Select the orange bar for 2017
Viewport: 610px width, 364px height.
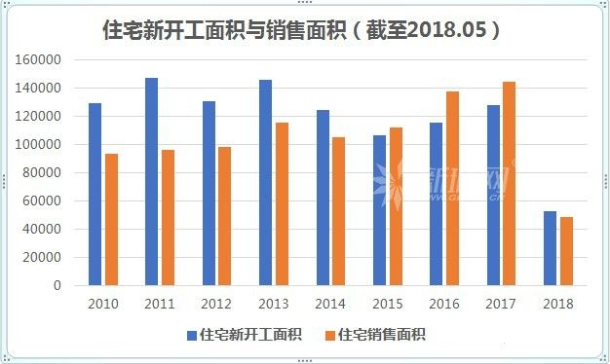pyautogui.click(x=509, y=184)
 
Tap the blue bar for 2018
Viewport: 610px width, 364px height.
pyautogui.click(x=550, y=248)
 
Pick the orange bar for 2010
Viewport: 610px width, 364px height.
pyautogui.click(x=110, y=220)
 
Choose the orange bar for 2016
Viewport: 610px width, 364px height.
pyautogui.click(x=452, y=189)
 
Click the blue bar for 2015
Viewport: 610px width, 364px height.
pyautogui.click(x=379, y=210)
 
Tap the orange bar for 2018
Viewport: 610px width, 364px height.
pyautogui.click(x=566, y=251)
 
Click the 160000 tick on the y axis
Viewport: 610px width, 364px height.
pyautogui.click(x=40, y=60)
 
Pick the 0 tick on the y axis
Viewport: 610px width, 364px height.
pyautogui.click(x=57, y=286)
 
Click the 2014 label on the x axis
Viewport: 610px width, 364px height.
pyautogui.click(x=330, y=304)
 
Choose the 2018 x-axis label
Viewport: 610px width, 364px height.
pyautogui.click(x=558, y=304)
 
